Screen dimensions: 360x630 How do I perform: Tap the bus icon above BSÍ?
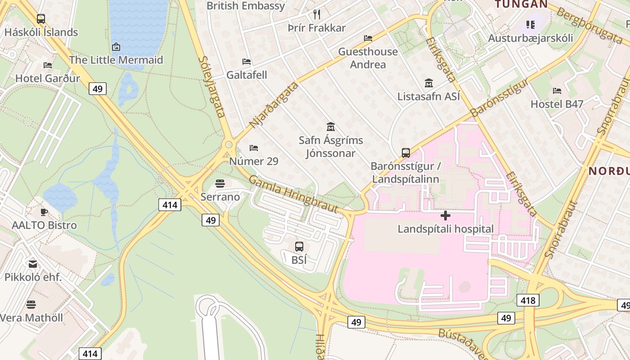click(299, 247)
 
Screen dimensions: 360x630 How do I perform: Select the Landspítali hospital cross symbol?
click(445, 216)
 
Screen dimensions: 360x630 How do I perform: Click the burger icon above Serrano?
click(220, 183)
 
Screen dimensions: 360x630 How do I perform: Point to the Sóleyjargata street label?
click(211, 86)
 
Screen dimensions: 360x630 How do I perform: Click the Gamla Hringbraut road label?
click(293, 194)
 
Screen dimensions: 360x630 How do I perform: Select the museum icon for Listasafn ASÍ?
click(429, 83)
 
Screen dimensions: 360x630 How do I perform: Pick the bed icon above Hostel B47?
click(557, 91)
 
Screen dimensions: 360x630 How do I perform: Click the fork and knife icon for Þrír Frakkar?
click(317, 14)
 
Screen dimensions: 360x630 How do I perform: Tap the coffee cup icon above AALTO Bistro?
click(44, 212)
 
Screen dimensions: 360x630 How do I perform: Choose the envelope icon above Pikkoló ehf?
click(33, 264)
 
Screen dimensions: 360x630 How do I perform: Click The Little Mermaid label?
click(116, 60)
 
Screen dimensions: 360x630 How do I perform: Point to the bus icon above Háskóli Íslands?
click(41, 19)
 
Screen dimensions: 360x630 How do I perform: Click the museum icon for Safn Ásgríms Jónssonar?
click(331, 127)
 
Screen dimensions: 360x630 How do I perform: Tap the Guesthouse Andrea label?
click(368, 58)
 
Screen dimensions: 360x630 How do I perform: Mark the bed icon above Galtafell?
click(247, 62)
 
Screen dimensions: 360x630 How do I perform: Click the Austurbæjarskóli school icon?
click(531, 24)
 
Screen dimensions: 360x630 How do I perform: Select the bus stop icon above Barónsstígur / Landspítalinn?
click(406, 153)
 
